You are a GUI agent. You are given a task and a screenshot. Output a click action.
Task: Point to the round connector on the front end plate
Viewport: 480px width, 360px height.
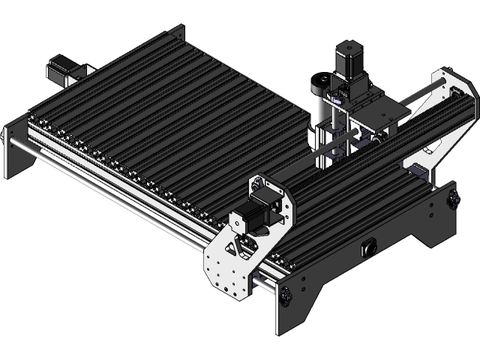(x=367, y=247)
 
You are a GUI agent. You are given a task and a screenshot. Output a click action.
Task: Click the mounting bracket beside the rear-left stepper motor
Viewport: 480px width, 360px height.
(x=82, y=70)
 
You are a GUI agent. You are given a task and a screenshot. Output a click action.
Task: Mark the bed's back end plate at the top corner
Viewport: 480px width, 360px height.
(x=178, y=33)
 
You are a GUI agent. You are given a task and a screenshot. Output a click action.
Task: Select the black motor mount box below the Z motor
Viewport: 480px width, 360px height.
(x=352, y=90)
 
